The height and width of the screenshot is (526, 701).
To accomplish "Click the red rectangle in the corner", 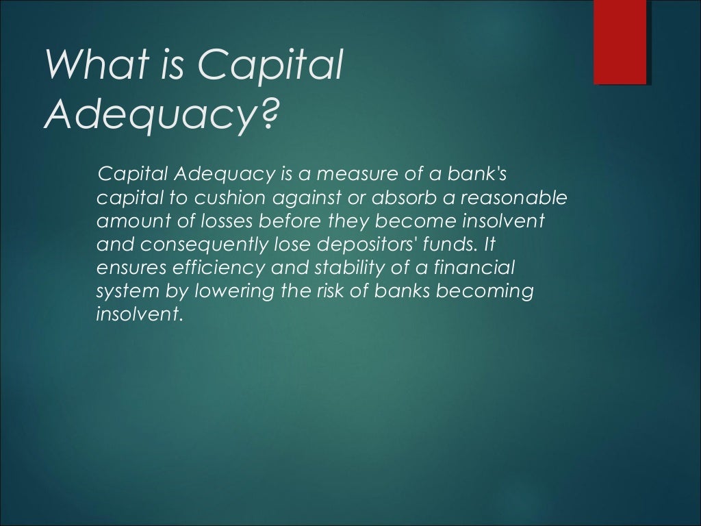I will point(620,42).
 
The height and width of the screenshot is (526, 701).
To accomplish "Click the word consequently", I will point(207,245).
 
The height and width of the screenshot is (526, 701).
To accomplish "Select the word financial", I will point(477,268).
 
